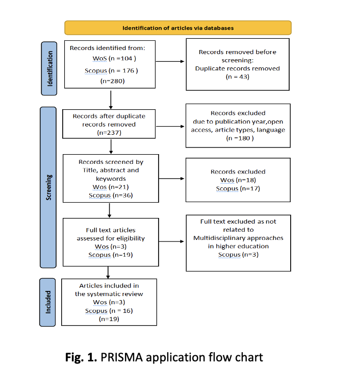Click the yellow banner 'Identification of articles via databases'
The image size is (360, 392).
[178, 28]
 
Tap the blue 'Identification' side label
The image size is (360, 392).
[49, 68]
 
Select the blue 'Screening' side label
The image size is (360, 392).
[48, 187]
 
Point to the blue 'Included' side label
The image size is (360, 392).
[47, 302]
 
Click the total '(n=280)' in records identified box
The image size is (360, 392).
[112, 81]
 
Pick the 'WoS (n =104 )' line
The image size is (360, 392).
[114, 59]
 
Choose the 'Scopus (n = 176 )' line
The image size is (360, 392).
[111, 71]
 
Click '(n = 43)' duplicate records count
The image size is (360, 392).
[238, 77]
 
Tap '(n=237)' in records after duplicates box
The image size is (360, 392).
[109, 133]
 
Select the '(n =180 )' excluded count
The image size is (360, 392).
[240, 138]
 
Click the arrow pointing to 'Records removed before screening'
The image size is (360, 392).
[170, 61]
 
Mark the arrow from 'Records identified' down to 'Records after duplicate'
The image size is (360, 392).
[111, 100]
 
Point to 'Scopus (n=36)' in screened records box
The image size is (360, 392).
[111, 195]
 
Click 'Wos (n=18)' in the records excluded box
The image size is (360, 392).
[238, 180]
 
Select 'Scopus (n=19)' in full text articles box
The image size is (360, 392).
[111, 255]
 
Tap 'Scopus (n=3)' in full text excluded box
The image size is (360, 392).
[238, 255]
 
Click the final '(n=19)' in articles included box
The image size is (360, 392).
[109, 319]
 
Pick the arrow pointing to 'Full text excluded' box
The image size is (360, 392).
[171, 241]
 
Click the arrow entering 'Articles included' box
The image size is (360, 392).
[108, 273]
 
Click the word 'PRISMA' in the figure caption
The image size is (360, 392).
[122, 357]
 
